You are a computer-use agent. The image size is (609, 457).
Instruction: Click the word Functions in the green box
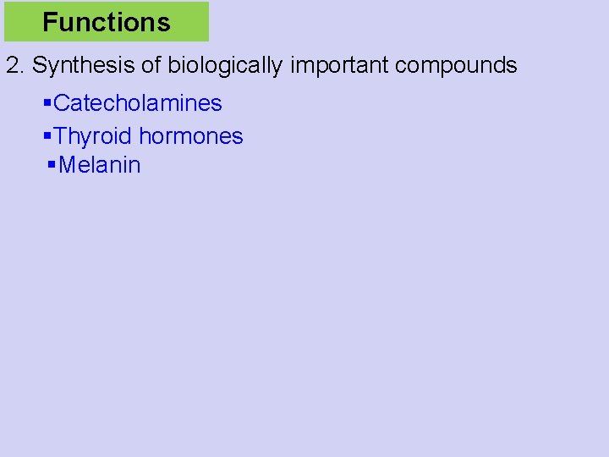click(x=107, y=22)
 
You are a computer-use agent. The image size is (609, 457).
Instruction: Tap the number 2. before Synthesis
click(x=15, y=65)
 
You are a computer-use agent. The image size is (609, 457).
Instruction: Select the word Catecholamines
click(x=138, y=103)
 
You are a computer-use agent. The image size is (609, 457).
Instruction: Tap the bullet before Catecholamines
click(x=47, y=103)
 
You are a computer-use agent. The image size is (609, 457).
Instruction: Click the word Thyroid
click(x=93, y=135)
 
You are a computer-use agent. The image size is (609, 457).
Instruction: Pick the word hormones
click(x=191, y=135)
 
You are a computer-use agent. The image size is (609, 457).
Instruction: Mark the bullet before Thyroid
click(x=47, y=135)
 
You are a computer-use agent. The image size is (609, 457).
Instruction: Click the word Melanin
click(x=100, y=164)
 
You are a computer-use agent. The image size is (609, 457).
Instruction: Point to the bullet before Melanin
click(x=53, y=164)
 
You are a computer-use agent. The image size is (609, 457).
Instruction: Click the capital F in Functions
click(x=49, y=22)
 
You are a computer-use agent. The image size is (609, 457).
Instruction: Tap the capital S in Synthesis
click(x=39, y=65)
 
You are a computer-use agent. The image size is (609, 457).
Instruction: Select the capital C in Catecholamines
click(x=61, y=103)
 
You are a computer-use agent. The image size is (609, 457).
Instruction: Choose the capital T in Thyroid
click(x=60, y=135)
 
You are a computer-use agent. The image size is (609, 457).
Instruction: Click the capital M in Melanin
click(x=67, y=164)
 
